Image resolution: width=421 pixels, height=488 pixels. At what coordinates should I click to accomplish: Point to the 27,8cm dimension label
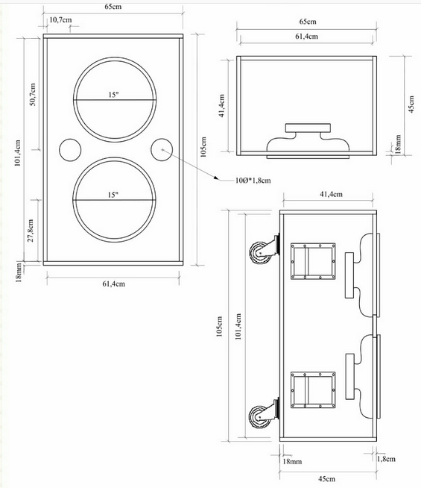coord(31,229)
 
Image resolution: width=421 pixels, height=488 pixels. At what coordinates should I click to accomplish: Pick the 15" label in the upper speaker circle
coord(113,95)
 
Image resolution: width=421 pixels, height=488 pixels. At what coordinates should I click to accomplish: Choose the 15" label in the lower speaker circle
coord(113,195)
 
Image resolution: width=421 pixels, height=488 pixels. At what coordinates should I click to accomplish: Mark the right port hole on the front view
coord(161,149)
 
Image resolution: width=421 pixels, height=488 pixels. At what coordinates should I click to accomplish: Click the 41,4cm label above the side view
coord(328,195)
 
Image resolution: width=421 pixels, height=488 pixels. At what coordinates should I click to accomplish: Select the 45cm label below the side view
coord(329,478)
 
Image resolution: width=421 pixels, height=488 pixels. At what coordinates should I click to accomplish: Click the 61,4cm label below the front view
coord(113,284)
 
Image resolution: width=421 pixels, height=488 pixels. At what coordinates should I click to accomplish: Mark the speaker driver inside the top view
coord(307,139)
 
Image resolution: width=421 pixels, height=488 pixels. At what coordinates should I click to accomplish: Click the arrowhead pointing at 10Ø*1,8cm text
coord(217,178)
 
